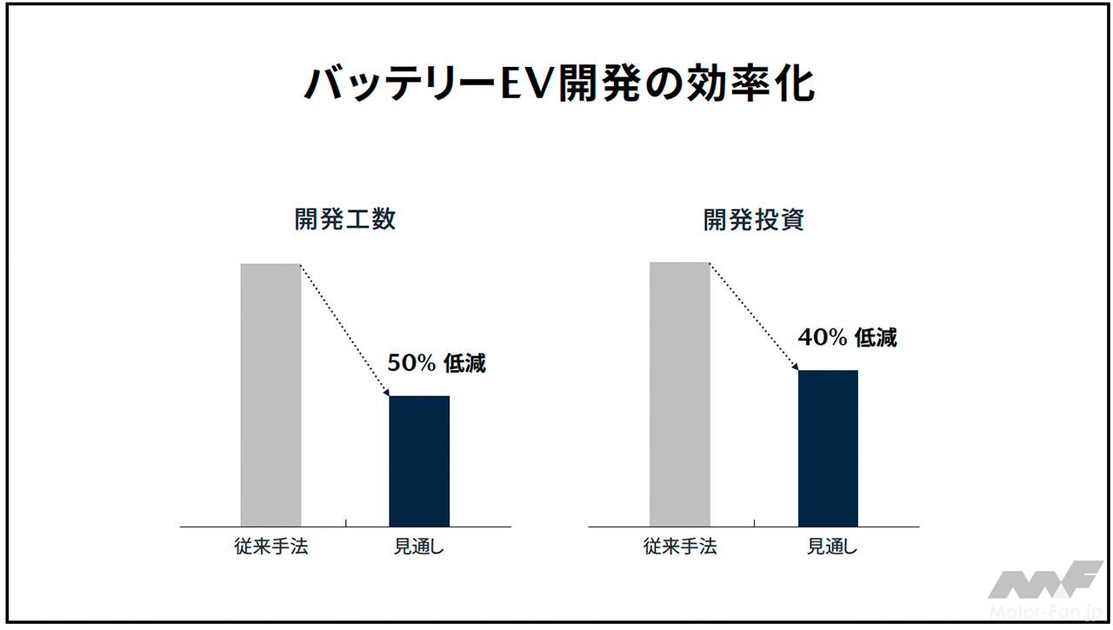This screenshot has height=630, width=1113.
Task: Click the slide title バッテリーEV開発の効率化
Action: [556, 84]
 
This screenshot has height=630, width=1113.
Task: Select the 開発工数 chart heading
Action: [345, 219]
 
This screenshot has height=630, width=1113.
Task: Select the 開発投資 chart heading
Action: [754, 219]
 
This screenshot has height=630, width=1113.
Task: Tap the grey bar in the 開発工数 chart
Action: [270, 395]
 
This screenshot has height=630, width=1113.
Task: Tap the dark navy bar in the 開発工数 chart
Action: [419, 461]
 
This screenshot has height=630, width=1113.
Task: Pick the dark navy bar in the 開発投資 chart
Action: [828, 448]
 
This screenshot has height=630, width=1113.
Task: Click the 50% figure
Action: [411, 364]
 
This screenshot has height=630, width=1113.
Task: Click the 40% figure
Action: [822, 338]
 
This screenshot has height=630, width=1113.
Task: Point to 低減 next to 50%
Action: [465, 364]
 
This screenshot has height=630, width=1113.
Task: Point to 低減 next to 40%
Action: [876, 338]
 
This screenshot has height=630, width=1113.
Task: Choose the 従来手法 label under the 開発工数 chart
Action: [271, 547]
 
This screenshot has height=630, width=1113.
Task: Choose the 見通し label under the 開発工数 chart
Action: [419, 547]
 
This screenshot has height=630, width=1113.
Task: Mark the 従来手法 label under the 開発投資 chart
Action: [680, 547]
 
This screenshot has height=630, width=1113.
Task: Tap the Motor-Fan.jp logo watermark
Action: [1044, 592]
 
